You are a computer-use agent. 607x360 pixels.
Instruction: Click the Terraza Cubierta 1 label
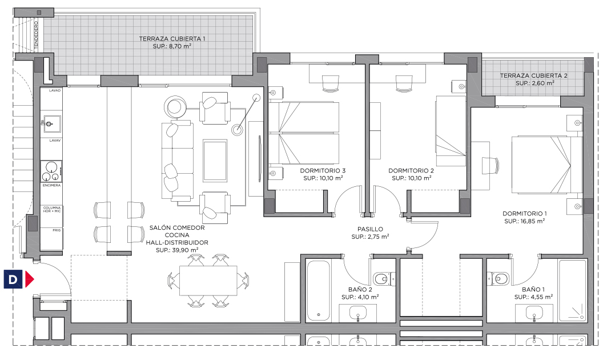click(172, 39)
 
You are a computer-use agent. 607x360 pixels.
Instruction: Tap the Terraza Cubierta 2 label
click(533, 75)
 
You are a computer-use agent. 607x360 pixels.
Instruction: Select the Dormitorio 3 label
click(323, 170)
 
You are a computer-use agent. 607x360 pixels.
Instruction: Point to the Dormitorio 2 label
click(411, 170)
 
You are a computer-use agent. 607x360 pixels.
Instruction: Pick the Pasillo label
click(370, 229)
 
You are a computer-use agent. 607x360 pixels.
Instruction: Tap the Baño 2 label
click(360, 290)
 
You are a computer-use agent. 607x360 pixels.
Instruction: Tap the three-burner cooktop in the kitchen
click(51, 171)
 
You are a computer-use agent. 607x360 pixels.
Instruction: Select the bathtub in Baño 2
click(318, 291)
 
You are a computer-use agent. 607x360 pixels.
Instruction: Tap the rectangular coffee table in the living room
click(215, 161)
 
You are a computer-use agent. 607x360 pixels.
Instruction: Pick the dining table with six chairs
click(208, 281)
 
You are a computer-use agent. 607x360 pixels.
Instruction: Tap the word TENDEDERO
click(36, 35)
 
